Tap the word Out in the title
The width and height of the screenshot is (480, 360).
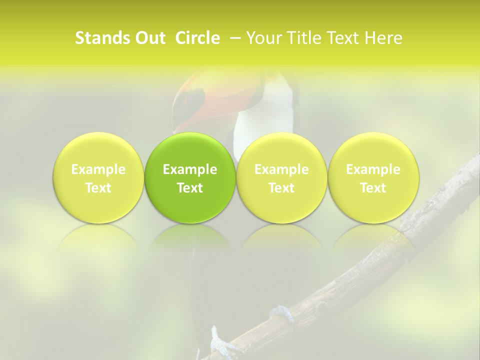[149, 38]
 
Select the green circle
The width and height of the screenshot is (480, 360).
[190, 178]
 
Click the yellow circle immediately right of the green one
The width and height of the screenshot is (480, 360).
[281, 178]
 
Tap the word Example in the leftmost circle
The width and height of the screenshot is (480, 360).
[98, 169]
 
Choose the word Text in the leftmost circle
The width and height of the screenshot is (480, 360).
[98, 188]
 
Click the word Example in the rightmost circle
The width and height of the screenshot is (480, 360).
[373, 169]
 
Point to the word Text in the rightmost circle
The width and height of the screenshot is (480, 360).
[373, 188]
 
